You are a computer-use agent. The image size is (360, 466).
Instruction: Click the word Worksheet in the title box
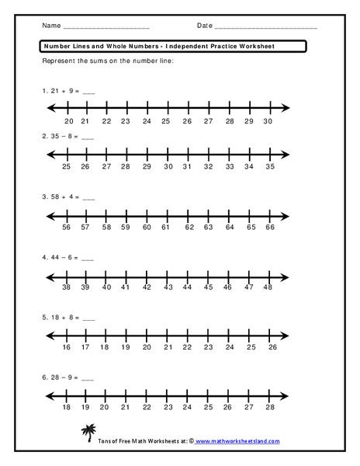[x=254, y=46]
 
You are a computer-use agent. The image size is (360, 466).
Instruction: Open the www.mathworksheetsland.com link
[x=238, y=442]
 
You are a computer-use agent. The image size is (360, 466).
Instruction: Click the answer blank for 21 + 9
[x=87, y=92]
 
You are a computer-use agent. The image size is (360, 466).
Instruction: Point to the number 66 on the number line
[x=270, y=228]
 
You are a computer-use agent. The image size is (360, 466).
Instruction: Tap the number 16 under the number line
[x=67, y=347]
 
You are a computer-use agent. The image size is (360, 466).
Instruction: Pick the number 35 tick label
[x=269, y=167]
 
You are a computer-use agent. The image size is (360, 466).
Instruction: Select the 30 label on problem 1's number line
[x=268, y=122]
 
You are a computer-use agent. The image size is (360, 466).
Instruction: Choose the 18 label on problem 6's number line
[x=67, y=407]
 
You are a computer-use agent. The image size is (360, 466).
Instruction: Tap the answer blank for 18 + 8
[x=87, y=318]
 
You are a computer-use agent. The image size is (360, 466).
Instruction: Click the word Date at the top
[x=204, y=26]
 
